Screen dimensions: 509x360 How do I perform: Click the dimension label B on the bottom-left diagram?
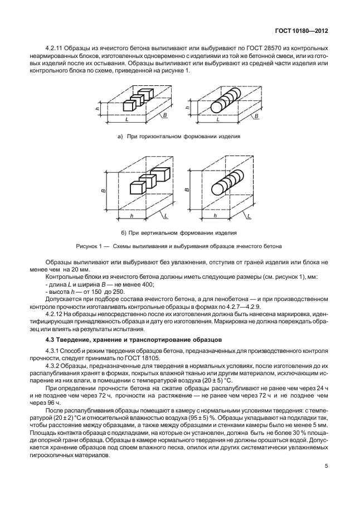click(x=103, y=190)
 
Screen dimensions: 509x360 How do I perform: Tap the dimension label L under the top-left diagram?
click(x=128, y=120)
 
